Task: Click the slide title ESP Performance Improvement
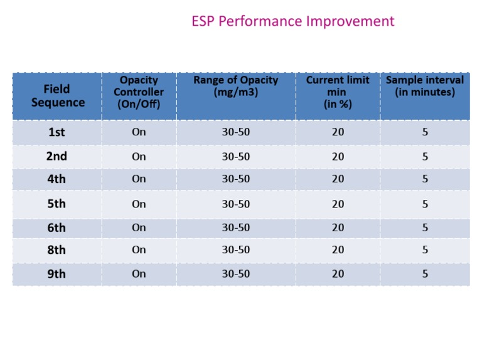(x=292, y=21)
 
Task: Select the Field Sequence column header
(x=58, y=96)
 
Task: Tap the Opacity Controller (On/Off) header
(x=139, y=92)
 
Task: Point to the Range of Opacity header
(x=235, y=86)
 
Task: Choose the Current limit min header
(x=338, y=92)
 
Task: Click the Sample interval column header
(x=425, y=86)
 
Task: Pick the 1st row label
(x=56, y=132)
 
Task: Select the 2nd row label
(x=56, y=157)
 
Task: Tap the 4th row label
(x=56, y=179)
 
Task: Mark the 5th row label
(x=56, y=204)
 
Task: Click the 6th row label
(x=56, y=228)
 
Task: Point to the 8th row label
(x=56, y=249)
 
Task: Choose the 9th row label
(x=56, y=274)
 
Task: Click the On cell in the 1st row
(x=139, y=132)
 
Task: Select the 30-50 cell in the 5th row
(x=235, y=204)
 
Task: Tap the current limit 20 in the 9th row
(x=338, y=274)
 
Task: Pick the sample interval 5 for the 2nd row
(x=425, y=157)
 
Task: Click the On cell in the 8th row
(x=139, y=249)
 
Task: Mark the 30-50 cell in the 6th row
(x=235, y=228)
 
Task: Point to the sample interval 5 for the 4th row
(x=425, y=179)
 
